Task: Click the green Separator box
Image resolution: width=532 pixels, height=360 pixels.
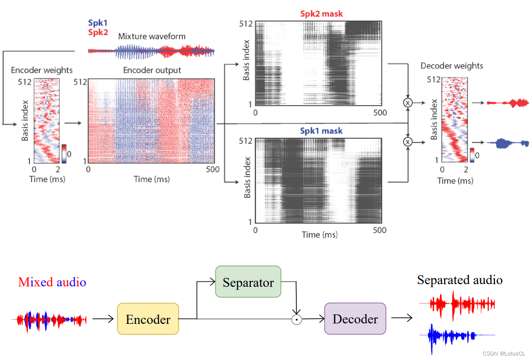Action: (x=248, y=282)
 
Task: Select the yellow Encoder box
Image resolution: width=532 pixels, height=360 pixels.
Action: (x=148, y=319)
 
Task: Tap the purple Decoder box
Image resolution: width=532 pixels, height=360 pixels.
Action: (x=355, y=319)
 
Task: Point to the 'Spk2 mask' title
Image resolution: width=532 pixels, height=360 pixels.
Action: (x=321, y=14)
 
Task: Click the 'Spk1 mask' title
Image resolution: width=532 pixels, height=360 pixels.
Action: (x=321, y=132)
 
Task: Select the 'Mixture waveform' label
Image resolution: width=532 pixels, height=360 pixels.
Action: (x=152, y=37)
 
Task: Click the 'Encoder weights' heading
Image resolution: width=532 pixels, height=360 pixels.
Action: (x=42, y=70)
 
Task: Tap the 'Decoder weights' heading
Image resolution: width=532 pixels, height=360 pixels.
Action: (x=452, y=66)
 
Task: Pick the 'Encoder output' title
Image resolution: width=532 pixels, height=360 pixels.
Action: (x=152, y=70)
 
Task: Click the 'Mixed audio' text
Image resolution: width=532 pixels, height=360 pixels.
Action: (x=52, y=282)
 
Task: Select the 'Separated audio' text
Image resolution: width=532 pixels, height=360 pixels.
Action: (x=460, y=280)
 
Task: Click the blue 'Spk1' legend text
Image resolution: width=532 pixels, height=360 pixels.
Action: (x=98, y=23)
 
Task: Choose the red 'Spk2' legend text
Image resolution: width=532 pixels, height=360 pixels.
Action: (x=98, y=32)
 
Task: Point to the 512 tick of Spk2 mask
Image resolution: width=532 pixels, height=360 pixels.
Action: (x=246, y=23)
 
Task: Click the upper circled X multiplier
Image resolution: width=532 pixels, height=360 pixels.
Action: (x=407, y=103)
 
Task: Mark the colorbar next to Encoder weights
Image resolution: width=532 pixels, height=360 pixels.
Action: (x=64, y=153)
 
